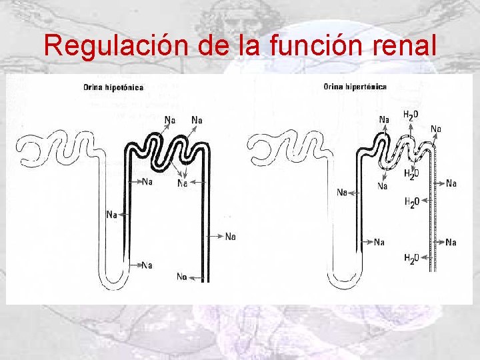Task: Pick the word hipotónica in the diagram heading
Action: coord(124,87)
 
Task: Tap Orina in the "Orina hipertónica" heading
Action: coord(333,87)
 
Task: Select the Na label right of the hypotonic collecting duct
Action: coord(230,236)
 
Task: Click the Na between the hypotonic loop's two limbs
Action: coord(147,265)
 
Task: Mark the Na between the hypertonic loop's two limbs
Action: coord(379,242)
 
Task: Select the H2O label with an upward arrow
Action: coord(411,115)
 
